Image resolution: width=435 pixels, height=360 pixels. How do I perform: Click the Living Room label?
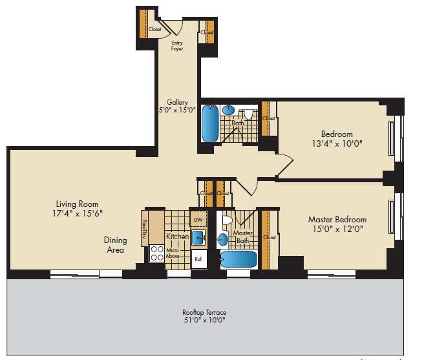[77, 204]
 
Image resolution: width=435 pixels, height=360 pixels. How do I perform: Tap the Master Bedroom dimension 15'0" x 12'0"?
[337, 229]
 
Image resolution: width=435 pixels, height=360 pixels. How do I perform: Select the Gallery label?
[177, 102]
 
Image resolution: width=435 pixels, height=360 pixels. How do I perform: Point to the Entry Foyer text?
[177, 46]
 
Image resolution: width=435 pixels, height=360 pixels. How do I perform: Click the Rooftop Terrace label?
[204, 312]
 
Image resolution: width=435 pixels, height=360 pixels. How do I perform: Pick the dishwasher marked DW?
[198, 220]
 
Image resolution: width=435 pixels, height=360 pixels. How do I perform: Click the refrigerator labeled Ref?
[199, 259]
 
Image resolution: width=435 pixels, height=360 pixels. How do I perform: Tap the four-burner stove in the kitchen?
[157, 253]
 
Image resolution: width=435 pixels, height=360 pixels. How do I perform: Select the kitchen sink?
[198, 238]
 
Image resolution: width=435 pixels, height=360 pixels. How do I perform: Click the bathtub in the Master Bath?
[239, 259]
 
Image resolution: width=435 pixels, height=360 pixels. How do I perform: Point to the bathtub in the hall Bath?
[210, 123]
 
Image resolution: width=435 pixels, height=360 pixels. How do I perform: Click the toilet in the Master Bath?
[227, 220]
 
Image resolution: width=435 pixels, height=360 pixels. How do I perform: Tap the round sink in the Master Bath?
[223, 240]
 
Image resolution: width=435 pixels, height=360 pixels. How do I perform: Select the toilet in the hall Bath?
[248, 114]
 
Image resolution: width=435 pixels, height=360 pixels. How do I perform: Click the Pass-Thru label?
[144, 229]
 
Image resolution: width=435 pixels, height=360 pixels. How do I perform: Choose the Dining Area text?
[116, 245]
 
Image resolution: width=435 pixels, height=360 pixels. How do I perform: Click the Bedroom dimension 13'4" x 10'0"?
[337, 143]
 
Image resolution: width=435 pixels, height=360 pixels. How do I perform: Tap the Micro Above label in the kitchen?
[173, 253]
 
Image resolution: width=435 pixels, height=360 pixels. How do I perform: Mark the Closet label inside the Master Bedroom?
[270, 237]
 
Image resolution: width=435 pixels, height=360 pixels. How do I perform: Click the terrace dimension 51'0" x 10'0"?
[204, 320]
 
